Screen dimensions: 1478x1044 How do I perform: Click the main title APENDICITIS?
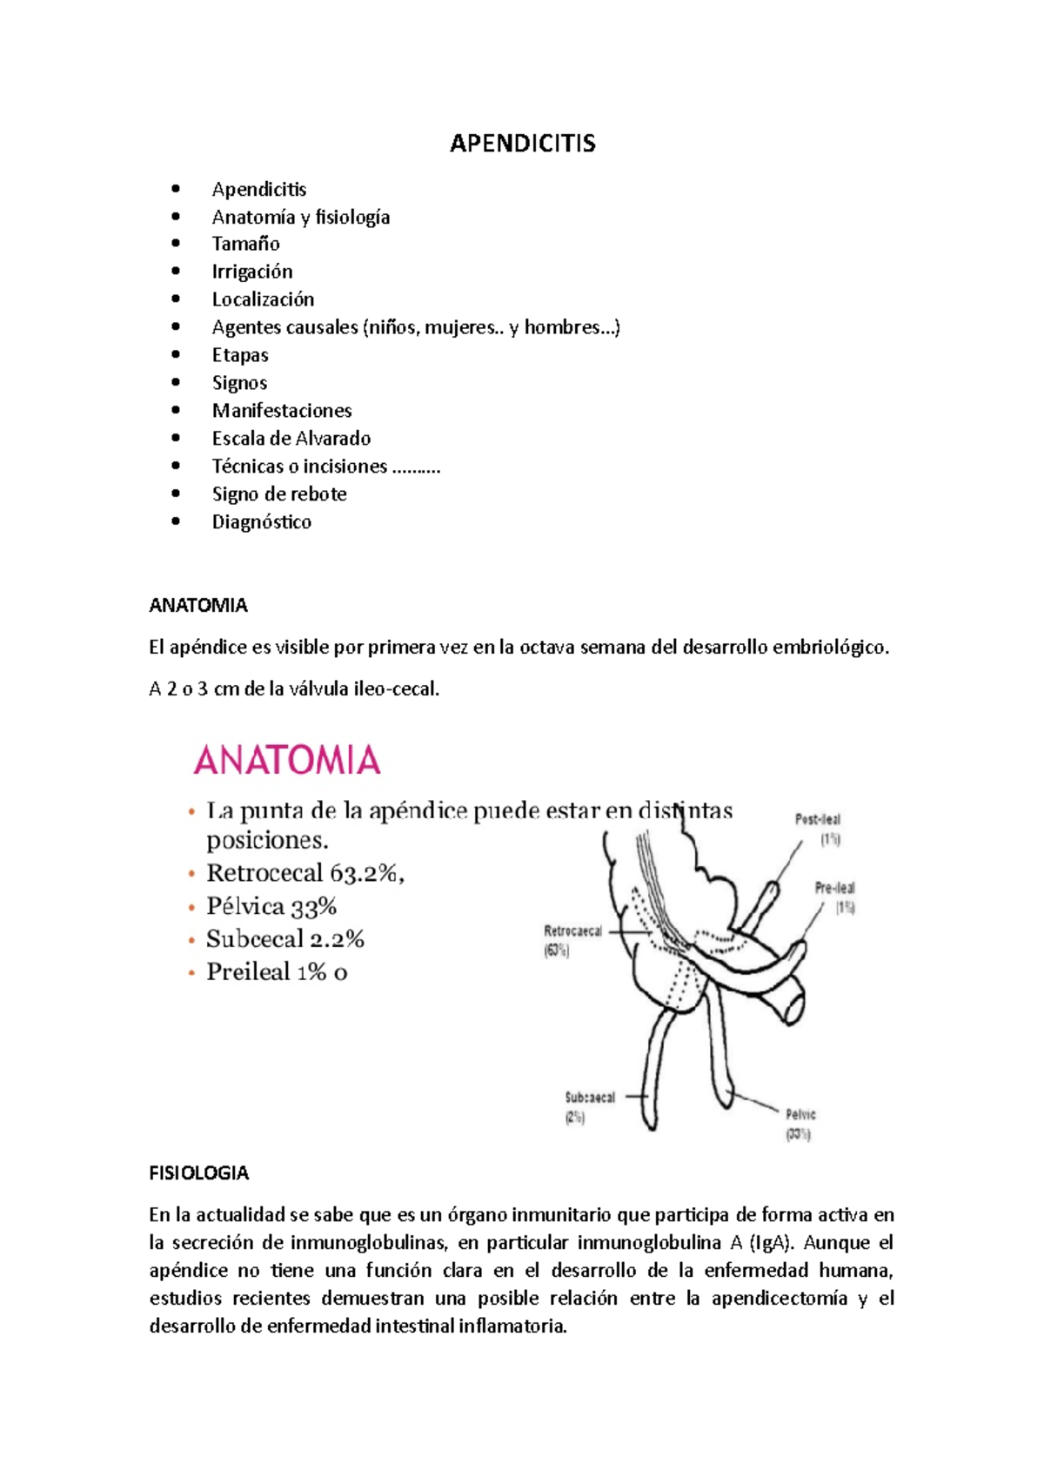coord(522,144)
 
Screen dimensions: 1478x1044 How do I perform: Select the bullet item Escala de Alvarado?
coord(291,439)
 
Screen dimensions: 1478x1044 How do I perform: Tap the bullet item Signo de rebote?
coord(278,494)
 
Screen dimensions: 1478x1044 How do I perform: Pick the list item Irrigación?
coord(251,272)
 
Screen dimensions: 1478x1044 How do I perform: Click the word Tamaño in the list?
coord(245,244)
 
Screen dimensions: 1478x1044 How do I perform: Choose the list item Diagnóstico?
coord(261,522)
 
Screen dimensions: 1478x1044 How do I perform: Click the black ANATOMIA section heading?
coord(198,606)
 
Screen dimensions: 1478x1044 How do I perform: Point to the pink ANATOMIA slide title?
coord(287,761)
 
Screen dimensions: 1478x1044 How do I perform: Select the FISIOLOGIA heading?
coord(198,1173)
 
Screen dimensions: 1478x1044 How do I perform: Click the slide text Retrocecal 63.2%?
coord(304,873)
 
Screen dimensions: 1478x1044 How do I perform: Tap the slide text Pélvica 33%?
coord(271,907)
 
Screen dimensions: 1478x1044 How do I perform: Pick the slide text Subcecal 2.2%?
coord(284,939)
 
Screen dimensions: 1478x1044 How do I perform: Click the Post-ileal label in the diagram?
coord(817,820)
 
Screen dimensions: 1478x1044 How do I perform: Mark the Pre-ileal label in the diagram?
coord(834,889)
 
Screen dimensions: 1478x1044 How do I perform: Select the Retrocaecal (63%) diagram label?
coord(572,931)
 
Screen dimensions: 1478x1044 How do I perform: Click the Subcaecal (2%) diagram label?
coord(589,1098)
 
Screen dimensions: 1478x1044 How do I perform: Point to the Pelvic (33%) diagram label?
coord(800,1115)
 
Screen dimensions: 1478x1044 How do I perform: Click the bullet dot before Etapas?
coord(177,355)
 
